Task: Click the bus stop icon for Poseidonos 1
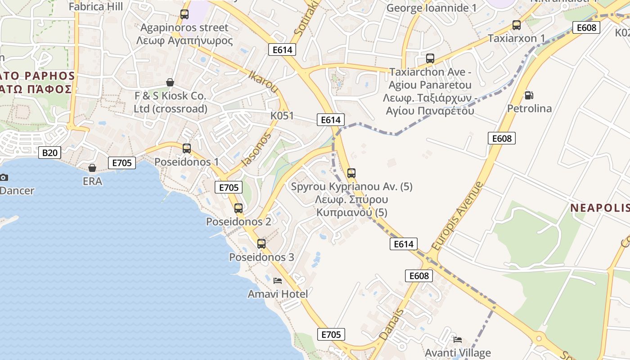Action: (x=186, y=148)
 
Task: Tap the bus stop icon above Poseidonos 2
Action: (x=238, y=208)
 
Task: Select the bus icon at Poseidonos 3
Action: (x=261, y=244)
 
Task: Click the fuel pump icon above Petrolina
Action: (x=529, y=95)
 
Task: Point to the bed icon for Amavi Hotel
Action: (x=278, y=281)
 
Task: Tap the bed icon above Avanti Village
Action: (x=458, y=340)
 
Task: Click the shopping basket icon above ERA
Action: (x=92, y=168)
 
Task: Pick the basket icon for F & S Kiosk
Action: (x=170, y=82)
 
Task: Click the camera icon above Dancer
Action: (x=4, y=177)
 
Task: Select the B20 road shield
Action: (x=49, y=153)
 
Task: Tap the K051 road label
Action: (x=282, y=116)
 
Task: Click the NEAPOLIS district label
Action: (x=600, y=208)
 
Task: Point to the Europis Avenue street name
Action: (x=457, y=216)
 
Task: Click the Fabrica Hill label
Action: (x=95, y=6)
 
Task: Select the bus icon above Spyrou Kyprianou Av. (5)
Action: (x=351, y=173)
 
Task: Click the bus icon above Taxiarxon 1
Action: (x=517, y=25)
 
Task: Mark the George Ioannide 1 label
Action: (x=432, y=8)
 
